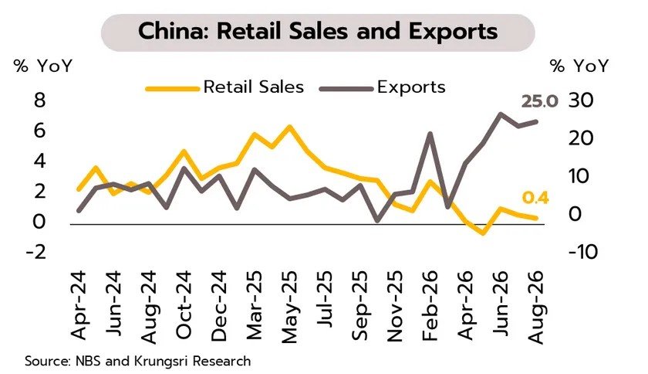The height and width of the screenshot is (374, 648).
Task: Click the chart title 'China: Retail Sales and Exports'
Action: (318, 32)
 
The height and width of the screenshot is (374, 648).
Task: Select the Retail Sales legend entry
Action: (225, 87)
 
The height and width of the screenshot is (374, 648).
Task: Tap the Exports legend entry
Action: (383, 87)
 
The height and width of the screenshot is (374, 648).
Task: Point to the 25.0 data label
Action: (540, 101)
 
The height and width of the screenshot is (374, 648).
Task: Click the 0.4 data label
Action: (535, 199)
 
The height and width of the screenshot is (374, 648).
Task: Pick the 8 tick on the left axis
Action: (39, 100)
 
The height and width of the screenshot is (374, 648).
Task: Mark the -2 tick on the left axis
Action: (35, 251)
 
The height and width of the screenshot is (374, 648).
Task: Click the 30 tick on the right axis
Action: (581, 100)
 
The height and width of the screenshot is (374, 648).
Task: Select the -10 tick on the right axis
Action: (583, 251)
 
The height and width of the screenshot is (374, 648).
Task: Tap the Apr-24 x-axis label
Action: (79, 305)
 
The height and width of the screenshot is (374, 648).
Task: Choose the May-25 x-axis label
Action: (289, 307)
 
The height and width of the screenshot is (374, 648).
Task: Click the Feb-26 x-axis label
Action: (430, 306)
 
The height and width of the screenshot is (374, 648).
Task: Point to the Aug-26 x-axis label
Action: (535, 307)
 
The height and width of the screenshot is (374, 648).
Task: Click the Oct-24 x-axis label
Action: (184, 305)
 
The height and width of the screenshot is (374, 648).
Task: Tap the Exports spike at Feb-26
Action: (430, 134)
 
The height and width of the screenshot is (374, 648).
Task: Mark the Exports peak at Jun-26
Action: (501, 114)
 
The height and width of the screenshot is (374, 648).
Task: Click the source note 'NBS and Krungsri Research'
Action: (164, 361)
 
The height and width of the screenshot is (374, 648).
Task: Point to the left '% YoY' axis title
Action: (43, 66)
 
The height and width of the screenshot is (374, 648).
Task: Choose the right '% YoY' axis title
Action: (579, 66)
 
